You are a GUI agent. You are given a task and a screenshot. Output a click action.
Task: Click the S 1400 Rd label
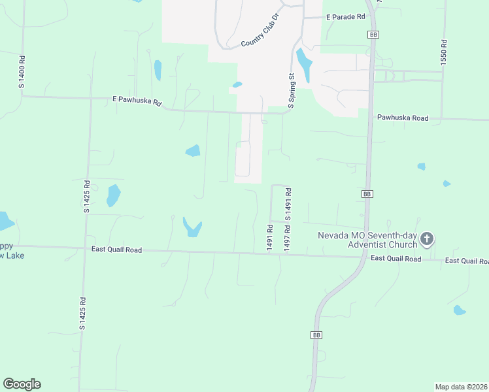tap(22, 73)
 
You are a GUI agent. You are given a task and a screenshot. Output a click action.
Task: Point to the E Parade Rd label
tap(346, 17)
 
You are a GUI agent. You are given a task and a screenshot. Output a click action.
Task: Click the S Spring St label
tap(292, 90)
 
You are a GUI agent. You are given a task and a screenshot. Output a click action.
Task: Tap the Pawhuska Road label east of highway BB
tap(402, 118)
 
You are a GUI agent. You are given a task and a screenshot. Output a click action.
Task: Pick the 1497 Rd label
tap(286, 238)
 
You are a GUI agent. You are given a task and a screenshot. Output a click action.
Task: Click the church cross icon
tap(427, 239)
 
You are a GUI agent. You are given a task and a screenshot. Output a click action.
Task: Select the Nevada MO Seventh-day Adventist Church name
tap(367, 240)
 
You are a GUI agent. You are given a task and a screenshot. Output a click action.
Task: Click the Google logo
tap(22, 384)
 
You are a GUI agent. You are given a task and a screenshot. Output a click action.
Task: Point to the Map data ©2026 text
tap(462, 387)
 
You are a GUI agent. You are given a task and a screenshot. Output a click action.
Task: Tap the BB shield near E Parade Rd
tap(373, 34)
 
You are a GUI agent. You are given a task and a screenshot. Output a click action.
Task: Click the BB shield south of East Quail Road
tap(316, 335)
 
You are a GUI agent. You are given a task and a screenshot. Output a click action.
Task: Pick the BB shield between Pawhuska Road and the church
tap(367, 194)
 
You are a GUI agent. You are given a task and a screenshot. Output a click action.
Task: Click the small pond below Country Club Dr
tap(237, 84)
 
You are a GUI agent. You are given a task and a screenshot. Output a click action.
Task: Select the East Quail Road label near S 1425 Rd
tap(116, 250)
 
